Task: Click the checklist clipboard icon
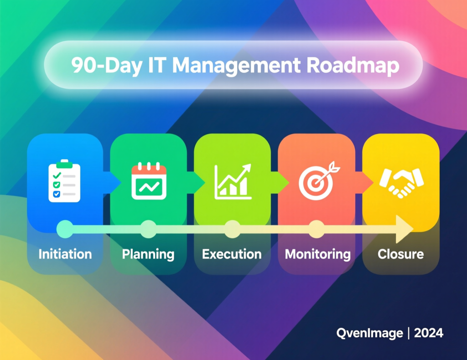pyautogui.click(x=64, y=181)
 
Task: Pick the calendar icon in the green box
pyautogui.click(x=149, y=181)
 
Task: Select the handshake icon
pyautogui.click(x=401, y=182)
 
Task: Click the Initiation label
pyautogui.click(x=65, y=254)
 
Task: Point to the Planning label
pyautogui.click(x=148, y=254)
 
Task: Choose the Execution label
pyautogui.click(x=232, y=254)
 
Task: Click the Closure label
pyautogui.click(x=401, y=254)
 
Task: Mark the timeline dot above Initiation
pyautogui.click(x=65, y=229)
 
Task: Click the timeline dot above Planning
pyautogui.click(x=148, y=229)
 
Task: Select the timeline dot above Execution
pyautogui.click(x=232, y=229)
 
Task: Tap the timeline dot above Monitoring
pyautogui.click(x=316, y=229)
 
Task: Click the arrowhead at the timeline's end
pyautogui.click(x=404, y=229)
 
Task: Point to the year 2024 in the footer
pyautogui.click(x=429, y=333)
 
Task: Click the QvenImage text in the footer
pyautogui.click(x=369, y=333)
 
